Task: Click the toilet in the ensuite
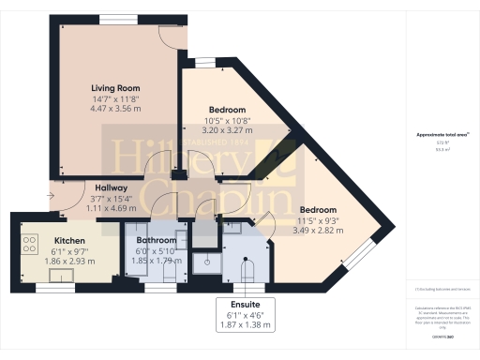tap(247, 272)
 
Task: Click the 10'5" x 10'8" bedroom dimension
tap(227, 120)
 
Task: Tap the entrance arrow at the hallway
tap(50, 197)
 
